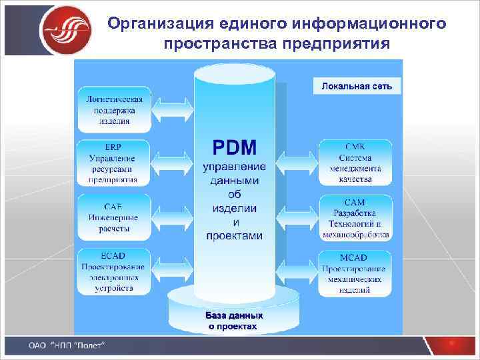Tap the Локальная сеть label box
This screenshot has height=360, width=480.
coord(357,86)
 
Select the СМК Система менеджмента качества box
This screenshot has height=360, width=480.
coord(355,161)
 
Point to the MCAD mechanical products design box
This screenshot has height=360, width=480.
coord(355,273)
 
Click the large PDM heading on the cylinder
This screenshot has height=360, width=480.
coord(234,147)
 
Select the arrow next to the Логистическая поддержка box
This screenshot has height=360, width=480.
coord(173,107)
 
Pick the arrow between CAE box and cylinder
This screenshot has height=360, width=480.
coord(173,215)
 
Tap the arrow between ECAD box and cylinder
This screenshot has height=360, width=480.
coord(173,271)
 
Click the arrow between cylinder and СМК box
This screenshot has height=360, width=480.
coord(297,161)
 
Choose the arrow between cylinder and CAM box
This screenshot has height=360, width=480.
coord(297,216)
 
